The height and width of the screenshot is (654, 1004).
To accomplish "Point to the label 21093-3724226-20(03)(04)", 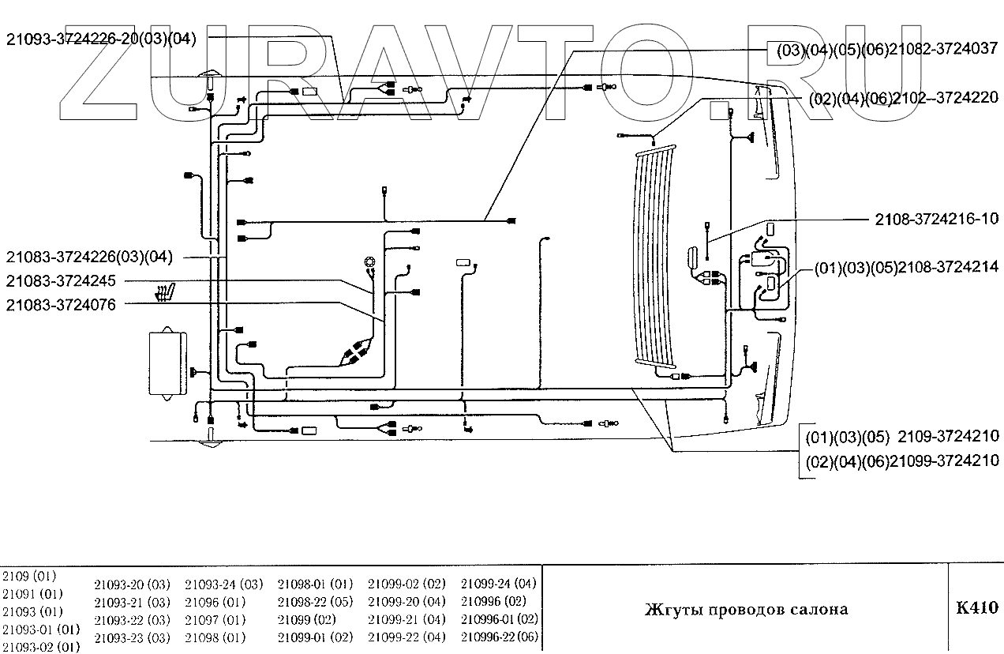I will tap(101, 38).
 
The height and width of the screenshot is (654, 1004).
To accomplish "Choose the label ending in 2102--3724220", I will tap(903, 99).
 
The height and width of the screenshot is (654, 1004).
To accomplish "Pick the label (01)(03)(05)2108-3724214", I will tap(905, 268).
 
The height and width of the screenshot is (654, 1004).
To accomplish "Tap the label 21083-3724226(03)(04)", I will tap(88, 257).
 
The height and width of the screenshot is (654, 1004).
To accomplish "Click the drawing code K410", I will tap(976, 608).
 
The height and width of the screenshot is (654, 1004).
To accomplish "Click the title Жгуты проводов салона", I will tap(746, 609).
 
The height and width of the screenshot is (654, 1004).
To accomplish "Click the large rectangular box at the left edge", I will tap(167, 363).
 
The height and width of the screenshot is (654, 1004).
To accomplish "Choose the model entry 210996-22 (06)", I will tap(500, 637).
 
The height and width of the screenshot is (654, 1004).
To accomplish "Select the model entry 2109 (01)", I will tap(29, 576).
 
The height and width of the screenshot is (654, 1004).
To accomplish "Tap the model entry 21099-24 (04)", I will tap(498, 584).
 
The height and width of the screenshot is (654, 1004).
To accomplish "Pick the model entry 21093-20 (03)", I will tap(132, 585).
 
